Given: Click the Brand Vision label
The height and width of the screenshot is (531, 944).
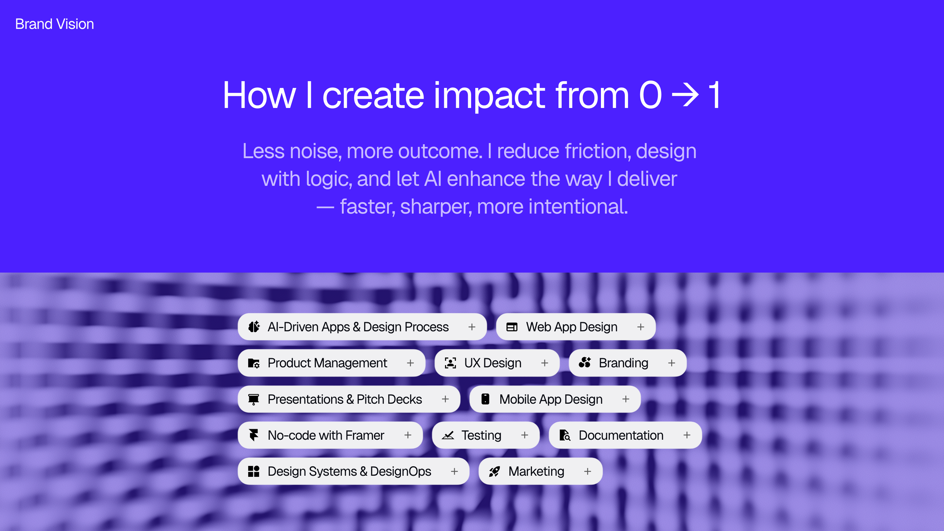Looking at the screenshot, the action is [x=55, y=24].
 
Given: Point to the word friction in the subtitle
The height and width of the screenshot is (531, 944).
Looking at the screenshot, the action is [x=598, y=151].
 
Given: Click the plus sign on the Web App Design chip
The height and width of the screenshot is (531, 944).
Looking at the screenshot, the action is [x=640, y=327].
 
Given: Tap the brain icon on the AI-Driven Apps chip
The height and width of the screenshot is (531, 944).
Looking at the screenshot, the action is [x=254, y=327].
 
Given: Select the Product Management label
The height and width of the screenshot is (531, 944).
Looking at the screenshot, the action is [x=327, y=363].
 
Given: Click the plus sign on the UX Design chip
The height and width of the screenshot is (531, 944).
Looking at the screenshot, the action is [x=545, y=363].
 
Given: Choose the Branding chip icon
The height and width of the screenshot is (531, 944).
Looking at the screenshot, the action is [x=585, y=363].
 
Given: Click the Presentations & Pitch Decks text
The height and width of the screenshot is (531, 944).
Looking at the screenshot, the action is [x=345, y=399].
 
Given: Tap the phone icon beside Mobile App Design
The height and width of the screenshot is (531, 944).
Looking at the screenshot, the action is [x=486, y=399].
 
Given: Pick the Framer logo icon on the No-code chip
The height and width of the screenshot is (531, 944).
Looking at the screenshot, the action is [x=254, y=435].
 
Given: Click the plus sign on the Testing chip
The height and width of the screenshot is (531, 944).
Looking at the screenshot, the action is [x=525, y=435].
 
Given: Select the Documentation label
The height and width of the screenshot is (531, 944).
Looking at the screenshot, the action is [x=621, y=435].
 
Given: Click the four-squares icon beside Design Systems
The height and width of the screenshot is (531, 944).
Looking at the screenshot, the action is [x=254, y=471].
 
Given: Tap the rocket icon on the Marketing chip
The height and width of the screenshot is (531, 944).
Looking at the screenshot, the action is [x=494, y=471].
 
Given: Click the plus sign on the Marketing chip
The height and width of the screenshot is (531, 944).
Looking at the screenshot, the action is [x=587, y=471].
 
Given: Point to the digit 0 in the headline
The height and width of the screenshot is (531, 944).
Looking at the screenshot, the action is [x=650, y=95].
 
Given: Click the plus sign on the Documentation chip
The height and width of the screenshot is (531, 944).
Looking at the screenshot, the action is [x=687, y=435].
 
